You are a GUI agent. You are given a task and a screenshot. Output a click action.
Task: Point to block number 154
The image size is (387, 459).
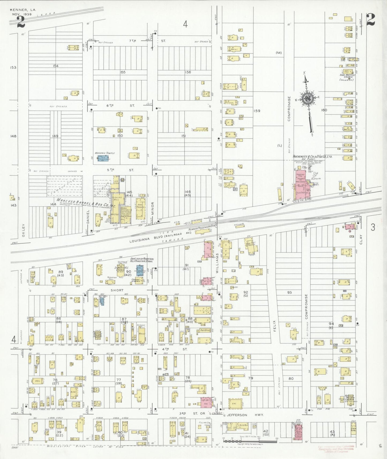click(55, 66)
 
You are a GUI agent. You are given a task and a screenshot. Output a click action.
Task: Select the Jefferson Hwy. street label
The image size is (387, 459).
click(245, 415)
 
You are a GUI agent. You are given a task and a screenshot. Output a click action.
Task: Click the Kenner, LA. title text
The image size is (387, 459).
click(23, 10)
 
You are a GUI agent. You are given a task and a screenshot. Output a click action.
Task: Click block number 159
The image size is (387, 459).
click(257, 111)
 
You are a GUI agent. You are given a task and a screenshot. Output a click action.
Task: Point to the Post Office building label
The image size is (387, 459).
click(205, 330)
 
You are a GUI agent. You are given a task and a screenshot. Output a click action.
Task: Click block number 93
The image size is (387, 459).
click(289, 292)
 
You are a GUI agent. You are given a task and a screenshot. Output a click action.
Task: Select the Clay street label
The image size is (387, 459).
click(361, 238)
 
